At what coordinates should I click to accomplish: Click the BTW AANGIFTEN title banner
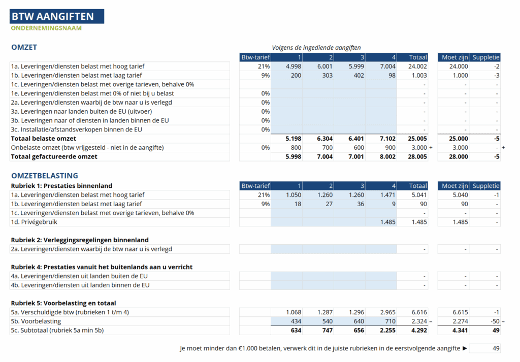pos(57,16)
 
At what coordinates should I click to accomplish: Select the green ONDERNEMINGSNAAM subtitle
pos(46,28)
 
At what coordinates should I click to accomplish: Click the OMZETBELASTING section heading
pos(45,176)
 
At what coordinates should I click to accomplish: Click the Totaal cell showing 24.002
pos(417,67)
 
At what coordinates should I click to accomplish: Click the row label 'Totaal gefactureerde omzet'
pos(54,157)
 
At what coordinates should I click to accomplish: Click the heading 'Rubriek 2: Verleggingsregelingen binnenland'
pos(80,240)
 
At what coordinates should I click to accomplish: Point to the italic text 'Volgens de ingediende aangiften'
pos(316,48)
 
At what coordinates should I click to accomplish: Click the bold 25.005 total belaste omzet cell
pos(417,139)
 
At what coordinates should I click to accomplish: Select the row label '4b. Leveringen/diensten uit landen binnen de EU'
pos(80,285)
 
